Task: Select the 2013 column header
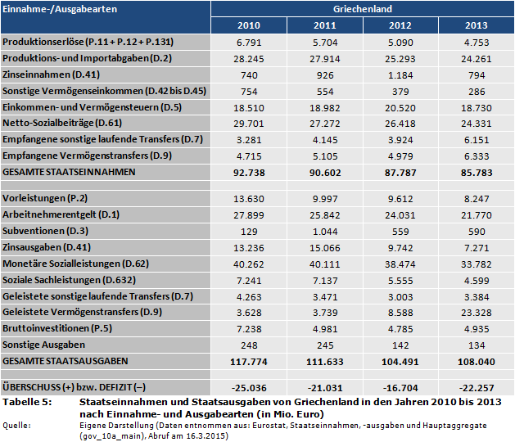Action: point(476,25)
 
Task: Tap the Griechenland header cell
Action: point(361,8)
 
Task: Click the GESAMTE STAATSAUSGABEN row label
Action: point(65,361)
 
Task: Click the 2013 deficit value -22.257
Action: point(476,386)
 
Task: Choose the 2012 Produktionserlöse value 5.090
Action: point(400,42)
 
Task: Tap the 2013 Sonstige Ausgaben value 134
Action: point(476,345)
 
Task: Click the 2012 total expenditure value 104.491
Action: point(400,362)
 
